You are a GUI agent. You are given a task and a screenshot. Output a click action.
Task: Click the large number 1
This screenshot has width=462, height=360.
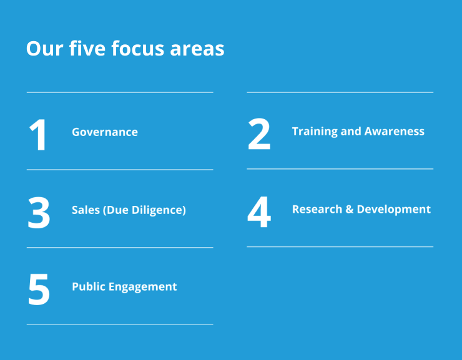(38, 135)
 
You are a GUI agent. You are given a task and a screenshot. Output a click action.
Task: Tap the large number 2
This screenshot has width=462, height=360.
(259, 134)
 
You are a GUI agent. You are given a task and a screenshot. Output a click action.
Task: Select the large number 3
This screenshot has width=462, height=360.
(39, 213)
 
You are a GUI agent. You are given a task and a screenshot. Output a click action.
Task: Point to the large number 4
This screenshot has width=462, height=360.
(259, 212)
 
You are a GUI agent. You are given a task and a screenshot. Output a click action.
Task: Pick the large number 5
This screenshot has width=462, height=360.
(39, 289)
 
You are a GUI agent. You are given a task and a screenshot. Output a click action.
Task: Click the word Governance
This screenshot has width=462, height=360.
(105, 132)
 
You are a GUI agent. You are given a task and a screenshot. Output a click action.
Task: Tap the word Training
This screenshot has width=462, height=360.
(315, 132)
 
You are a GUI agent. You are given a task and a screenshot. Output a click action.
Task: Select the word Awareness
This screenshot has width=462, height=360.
(394, 131)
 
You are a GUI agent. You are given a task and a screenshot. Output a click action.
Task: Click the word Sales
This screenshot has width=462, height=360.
(86, 210)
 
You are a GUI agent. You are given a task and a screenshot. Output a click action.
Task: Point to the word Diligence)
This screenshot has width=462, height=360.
(159, 210)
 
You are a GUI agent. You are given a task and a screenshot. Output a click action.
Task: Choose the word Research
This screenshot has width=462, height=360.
(317, 209)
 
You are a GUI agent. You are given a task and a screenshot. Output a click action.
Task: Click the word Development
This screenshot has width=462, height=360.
(394, 210)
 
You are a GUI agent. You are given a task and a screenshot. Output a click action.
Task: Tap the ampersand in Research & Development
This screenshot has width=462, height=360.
(350, 209)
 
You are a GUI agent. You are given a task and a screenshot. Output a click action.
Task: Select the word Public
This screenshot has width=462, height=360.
(89, 286)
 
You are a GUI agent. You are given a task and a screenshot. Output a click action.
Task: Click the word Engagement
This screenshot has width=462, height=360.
(142, 287)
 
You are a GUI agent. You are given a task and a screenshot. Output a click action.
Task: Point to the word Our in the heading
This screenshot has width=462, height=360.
(44, 48)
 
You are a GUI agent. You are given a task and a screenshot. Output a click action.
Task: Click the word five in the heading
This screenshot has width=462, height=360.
(87, 48)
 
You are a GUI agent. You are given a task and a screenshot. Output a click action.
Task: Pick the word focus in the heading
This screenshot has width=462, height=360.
(137, 48)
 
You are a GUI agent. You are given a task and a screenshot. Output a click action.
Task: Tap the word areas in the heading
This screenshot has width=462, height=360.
(197, 49)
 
